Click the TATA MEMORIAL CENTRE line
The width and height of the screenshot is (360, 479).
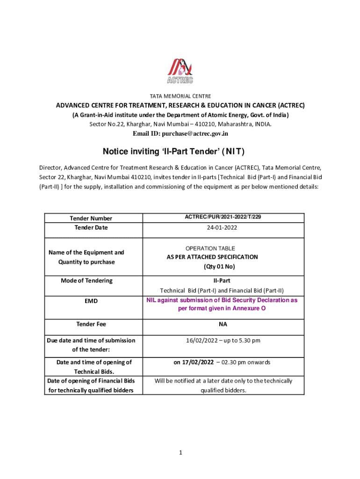180,96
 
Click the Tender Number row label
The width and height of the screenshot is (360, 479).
91,218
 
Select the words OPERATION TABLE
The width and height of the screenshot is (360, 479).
210,248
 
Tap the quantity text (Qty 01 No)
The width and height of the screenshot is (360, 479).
219,267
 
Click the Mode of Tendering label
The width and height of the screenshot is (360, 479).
86,281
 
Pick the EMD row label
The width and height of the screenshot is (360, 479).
91,301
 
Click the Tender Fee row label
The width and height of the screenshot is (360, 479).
91,324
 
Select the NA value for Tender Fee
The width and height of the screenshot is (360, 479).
223,324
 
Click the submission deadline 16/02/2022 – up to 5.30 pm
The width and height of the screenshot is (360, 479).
223,341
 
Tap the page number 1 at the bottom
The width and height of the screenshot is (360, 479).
180,452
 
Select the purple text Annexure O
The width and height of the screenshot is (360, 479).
249,309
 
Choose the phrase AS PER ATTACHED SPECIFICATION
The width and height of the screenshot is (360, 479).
212,257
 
